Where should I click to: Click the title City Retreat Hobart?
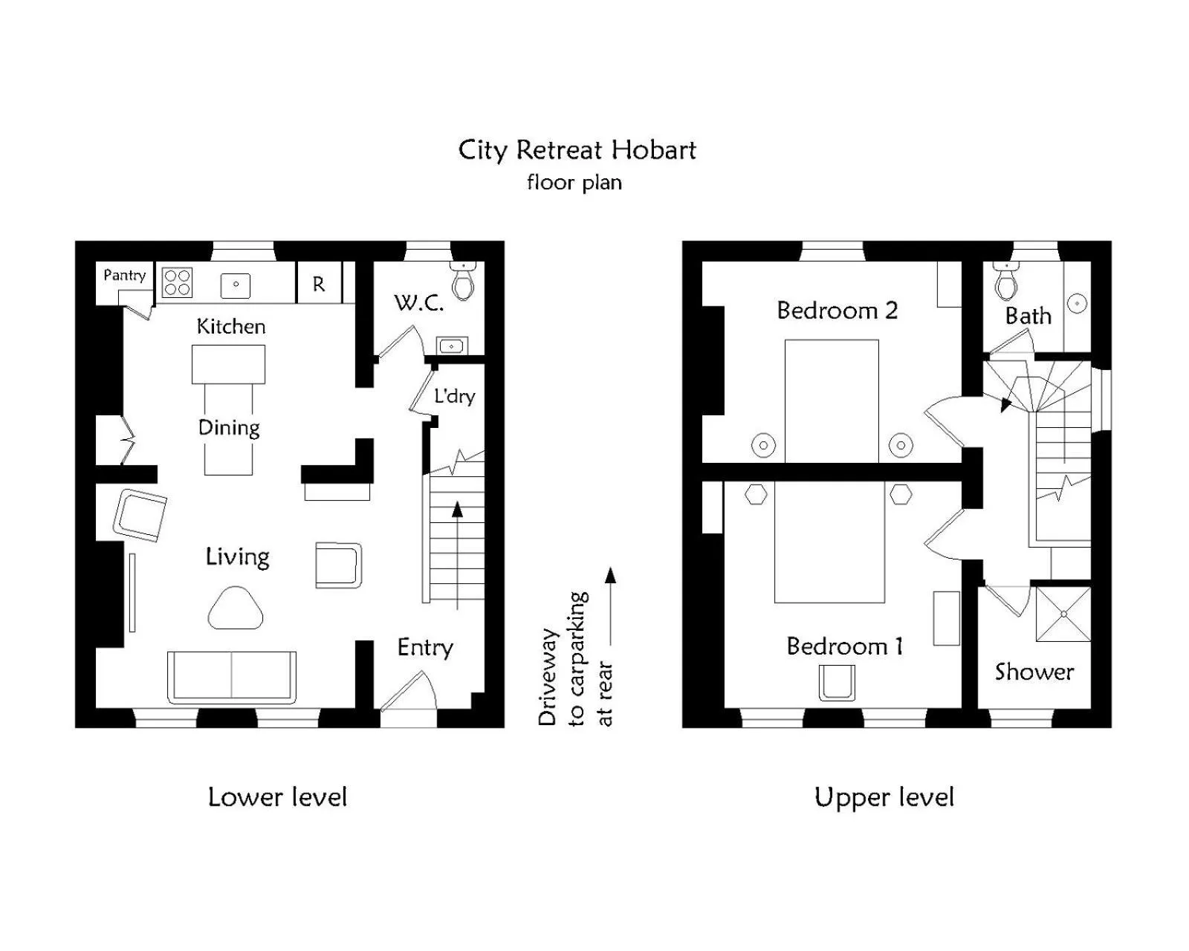[x=577, y=150]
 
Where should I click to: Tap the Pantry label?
[x=124, y=275]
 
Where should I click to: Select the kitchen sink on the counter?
[x=236, y=285]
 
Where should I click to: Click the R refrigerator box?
[x=319, y=284]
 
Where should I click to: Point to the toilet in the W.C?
[x=463, y=281]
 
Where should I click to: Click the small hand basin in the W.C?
[x=451, y=346]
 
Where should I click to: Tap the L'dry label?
[x=454, y=396]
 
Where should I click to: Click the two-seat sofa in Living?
[x=232, y=676]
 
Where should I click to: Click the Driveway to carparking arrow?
[x=610, y=606]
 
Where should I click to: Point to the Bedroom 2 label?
[x=837, y=310]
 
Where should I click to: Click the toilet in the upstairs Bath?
[x=1006, y=281]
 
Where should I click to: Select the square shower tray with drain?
[x=1063, y=614]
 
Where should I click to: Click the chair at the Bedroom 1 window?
[x=837, y=682]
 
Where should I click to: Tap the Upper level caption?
[x=884, y=797]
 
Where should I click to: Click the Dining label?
[x=229, y=428]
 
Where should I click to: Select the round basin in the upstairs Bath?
[x=1078, y=303]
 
